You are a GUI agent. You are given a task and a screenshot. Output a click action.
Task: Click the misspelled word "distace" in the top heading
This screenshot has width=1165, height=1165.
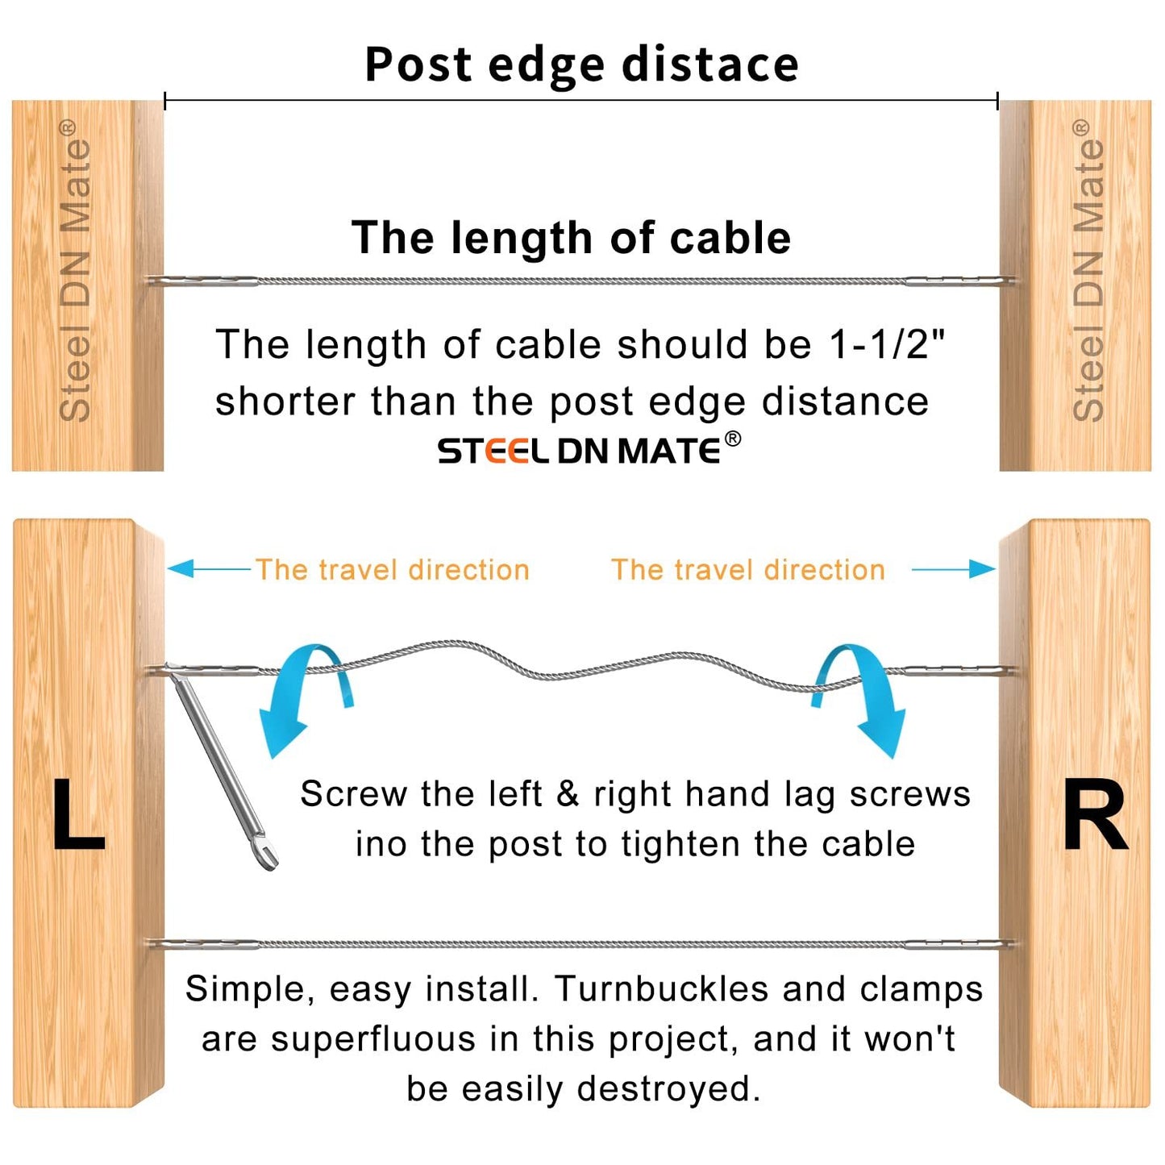[710, 64]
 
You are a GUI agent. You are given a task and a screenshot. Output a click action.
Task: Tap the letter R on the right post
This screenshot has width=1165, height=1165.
[1095, 816]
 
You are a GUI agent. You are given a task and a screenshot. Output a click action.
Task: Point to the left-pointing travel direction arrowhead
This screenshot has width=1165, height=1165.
[179, 569]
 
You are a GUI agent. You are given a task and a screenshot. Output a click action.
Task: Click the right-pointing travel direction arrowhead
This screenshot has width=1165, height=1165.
[984, 569]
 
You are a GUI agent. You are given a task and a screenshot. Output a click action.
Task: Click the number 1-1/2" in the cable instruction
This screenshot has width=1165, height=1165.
[887, 345]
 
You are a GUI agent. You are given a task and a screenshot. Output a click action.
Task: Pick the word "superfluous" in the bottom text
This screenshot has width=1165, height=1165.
[373, 1039]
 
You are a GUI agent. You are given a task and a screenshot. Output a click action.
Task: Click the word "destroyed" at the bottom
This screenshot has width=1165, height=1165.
[668, 1089]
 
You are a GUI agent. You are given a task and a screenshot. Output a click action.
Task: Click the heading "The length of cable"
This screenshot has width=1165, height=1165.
[571, 238]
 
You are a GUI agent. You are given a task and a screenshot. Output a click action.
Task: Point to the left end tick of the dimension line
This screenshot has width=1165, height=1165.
[164, 101]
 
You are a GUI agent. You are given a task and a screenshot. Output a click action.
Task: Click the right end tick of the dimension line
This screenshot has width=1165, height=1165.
[998, 101]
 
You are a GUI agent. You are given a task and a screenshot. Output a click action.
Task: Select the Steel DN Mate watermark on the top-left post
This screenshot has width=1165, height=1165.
[75, 270]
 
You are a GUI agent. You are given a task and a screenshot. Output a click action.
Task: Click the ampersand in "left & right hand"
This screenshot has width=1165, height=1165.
[568, 794]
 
